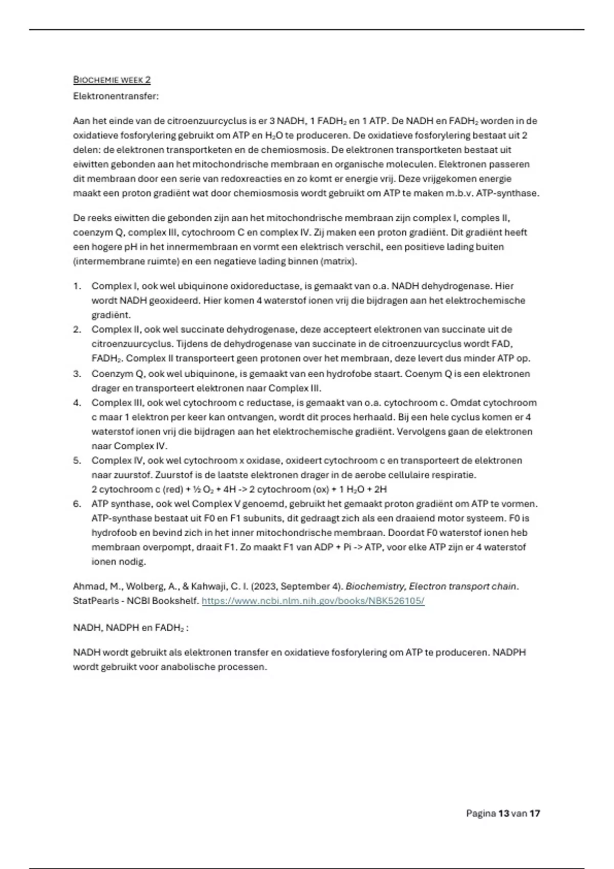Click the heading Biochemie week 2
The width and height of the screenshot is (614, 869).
tap(112, 80)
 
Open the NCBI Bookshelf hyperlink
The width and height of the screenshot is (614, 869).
tap(313, 601)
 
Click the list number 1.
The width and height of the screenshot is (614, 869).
tap(77, 286)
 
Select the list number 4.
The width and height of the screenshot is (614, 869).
tap(77, 403)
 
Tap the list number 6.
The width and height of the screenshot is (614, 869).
tap(77, 504)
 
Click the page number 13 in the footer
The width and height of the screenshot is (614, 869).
tap(503, 813)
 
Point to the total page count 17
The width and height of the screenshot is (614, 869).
tap(535, 813)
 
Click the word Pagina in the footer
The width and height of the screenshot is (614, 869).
tap(480, 813)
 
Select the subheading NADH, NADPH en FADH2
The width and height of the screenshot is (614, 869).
tap(130, 628)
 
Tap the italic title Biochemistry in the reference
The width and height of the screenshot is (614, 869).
tap(375, 586)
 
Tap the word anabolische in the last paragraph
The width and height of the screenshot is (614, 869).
tap(188, 667)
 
